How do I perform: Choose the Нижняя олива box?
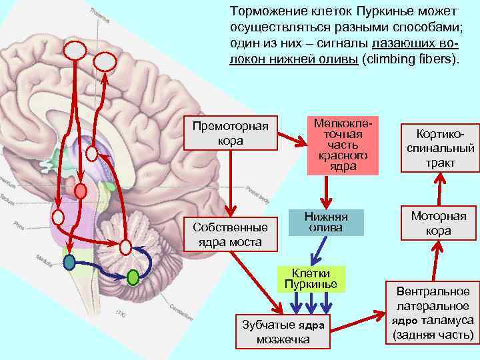click(326, 222)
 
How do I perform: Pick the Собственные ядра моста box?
click(231, 234)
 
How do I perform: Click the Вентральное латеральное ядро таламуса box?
click(433, 313)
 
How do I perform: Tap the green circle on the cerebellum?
click(133, 275)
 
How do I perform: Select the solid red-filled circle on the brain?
click(80, 191)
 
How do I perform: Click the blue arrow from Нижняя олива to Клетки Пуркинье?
click(318, 251)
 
